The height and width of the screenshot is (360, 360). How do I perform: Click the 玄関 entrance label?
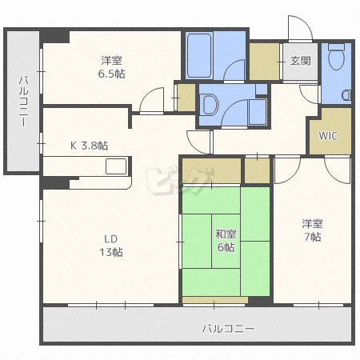point(300,61)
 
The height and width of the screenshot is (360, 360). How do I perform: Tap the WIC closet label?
point(328,136)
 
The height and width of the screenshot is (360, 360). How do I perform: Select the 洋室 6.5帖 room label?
point(111,67)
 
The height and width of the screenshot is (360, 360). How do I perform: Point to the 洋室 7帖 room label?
point(313,230)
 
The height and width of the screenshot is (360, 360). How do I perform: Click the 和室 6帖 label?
point(226,241)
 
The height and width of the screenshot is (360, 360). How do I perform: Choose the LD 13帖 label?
point(111,246)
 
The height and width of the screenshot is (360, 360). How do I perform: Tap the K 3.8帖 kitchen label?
point(89,146)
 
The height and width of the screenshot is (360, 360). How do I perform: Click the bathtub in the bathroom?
point(199,55)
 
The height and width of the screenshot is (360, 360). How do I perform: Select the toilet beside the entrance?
point(336,57)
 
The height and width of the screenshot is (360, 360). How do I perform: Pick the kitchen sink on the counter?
point(116,166)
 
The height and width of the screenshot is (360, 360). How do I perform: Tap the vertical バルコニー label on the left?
point(23,101)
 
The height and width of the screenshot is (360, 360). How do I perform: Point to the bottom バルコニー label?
point(228,328)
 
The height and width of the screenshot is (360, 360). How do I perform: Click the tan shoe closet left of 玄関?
point(264,62)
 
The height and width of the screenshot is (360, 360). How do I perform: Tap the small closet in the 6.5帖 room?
point(186,98)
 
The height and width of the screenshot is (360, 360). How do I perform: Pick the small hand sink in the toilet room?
point(346,95)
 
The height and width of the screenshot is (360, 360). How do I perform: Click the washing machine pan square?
point(258,111)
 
